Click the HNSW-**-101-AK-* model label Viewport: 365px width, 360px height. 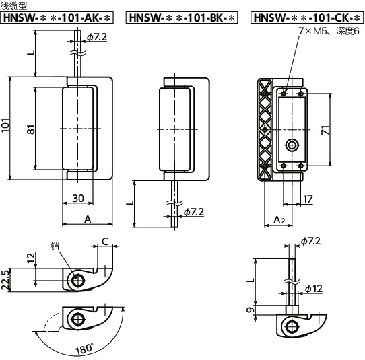(x=57, y=17)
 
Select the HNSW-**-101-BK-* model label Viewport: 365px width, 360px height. (x=182, y=17)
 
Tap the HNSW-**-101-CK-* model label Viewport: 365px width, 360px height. (x=307, y=17)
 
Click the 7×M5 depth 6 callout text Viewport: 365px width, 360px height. (x=329, y=31)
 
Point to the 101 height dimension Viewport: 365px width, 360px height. (x=5, y=126)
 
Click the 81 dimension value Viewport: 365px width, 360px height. (x=31, y=129)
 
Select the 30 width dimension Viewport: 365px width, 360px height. (x=78, y=199)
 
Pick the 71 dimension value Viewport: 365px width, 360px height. (x=325, y=130)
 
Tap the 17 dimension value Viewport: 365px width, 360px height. (x=308, y=199)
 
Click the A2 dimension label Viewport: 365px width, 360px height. (x=279, y=220)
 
